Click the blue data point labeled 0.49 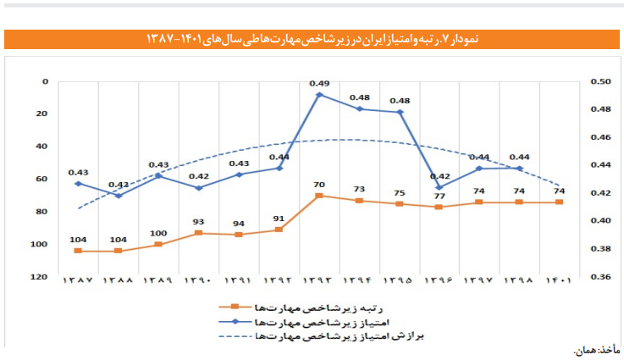319,95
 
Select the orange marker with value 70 319,196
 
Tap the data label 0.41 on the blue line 118,185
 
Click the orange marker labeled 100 158,244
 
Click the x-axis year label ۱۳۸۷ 78,280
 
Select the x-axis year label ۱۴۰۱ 560,280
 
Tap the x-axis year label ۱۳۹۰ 198,280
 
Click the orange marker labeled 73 359,201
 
